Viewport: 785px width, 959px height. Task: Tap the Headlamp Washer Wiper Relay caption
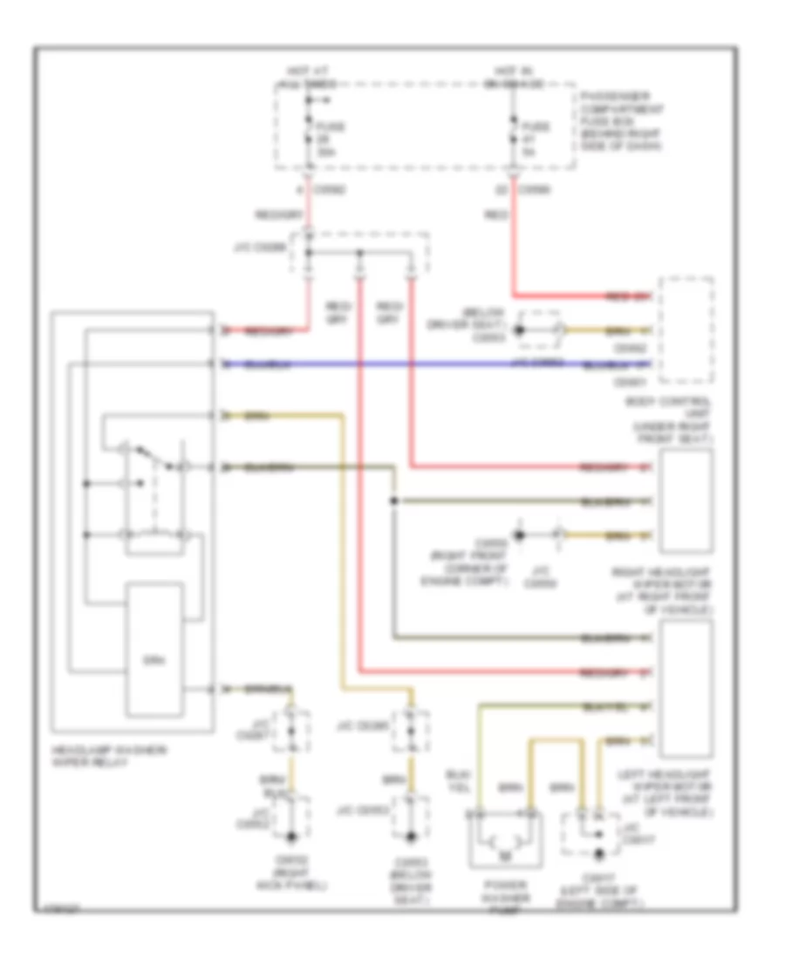pyautogui.click(x=91, y=756)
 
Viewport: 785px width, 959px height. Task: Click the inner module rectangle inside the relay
pyautogui.click(x=156, y=647)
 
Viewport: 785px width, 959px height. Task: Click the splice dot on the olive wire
pyautogui.click(x=394, y=501)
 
